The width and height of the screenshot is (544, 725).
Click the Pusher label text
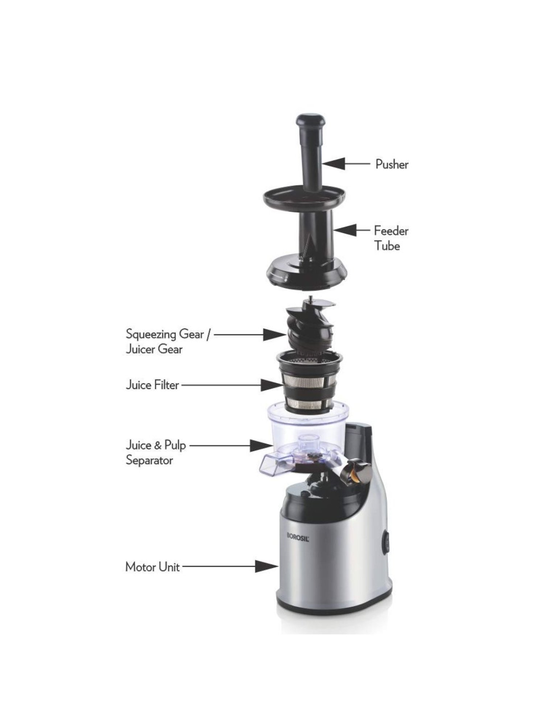[391, 164]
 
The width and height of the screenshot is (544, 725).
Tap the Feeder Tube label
[391, 238]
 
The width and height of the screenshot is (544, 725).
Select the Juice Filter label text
[152, 385]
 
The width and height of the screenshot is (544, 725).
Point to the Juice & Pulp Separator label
[156, 452]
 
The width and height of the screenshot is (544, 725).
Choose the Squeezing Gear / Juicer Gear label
[167, 341]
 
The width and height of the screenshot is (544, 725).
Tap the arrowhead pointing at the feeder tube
[345, 230]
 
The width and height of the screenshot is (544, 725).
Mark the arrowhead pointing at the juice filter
[272, 385]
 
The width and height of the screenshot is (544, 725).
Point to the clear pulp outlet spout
[270, 466]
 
